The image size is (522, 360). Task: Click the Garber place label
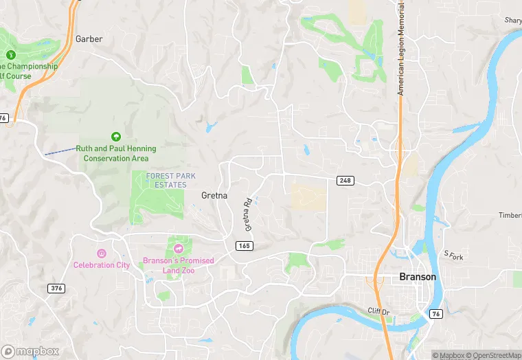click(89, 39)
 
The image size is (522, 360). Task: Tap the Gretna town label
click(214, 196)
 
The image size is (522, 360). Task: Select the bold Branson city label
click(417, 277)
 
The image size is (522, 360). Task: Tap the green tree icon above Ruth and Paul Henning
click(115, 137)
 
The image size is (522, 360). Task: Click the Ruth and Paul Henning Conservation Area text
click(115, 153)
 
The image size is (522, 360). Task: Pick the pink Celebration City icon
click(102, 254)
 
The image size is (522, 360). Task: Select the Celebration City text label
click(102, 265)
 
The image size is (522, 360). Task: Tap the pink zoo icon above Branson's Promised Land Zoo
click(178, 249)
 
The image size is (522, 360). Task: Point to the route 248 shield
click(345, 181)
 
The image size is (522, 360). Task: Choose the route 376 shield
click(56, 288)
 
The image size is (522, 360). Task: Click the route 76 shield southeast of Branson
click(435, 313)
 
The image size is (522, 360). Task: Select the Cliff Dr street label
click(378, 311)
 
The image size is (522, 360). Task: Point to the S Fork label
click(453, 256)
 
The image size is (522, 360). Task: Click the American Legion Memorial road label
click(401, 48)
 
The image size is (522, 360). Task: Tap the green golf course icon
click(10, 55)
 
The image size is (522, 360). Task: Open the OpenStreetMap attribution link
click(493, 355)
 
